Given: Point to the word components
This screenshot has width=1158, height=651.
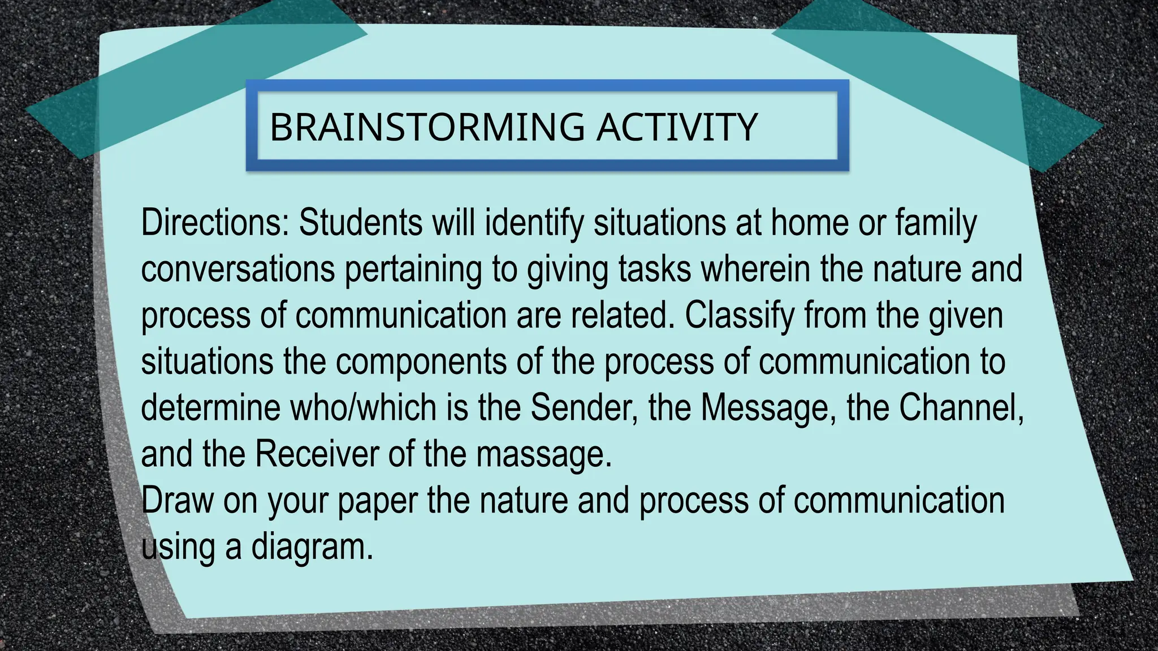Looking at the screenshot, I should (x=421, y=362).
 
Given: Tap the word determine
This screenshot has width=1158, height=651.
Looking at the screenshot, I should (x=210, y=407).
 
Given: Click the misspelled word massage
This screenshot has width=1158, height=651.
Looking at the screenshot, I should (x=544, y=455).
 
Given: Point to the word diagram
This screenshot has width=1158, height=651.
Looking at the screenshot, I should (x=312, y=548).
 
